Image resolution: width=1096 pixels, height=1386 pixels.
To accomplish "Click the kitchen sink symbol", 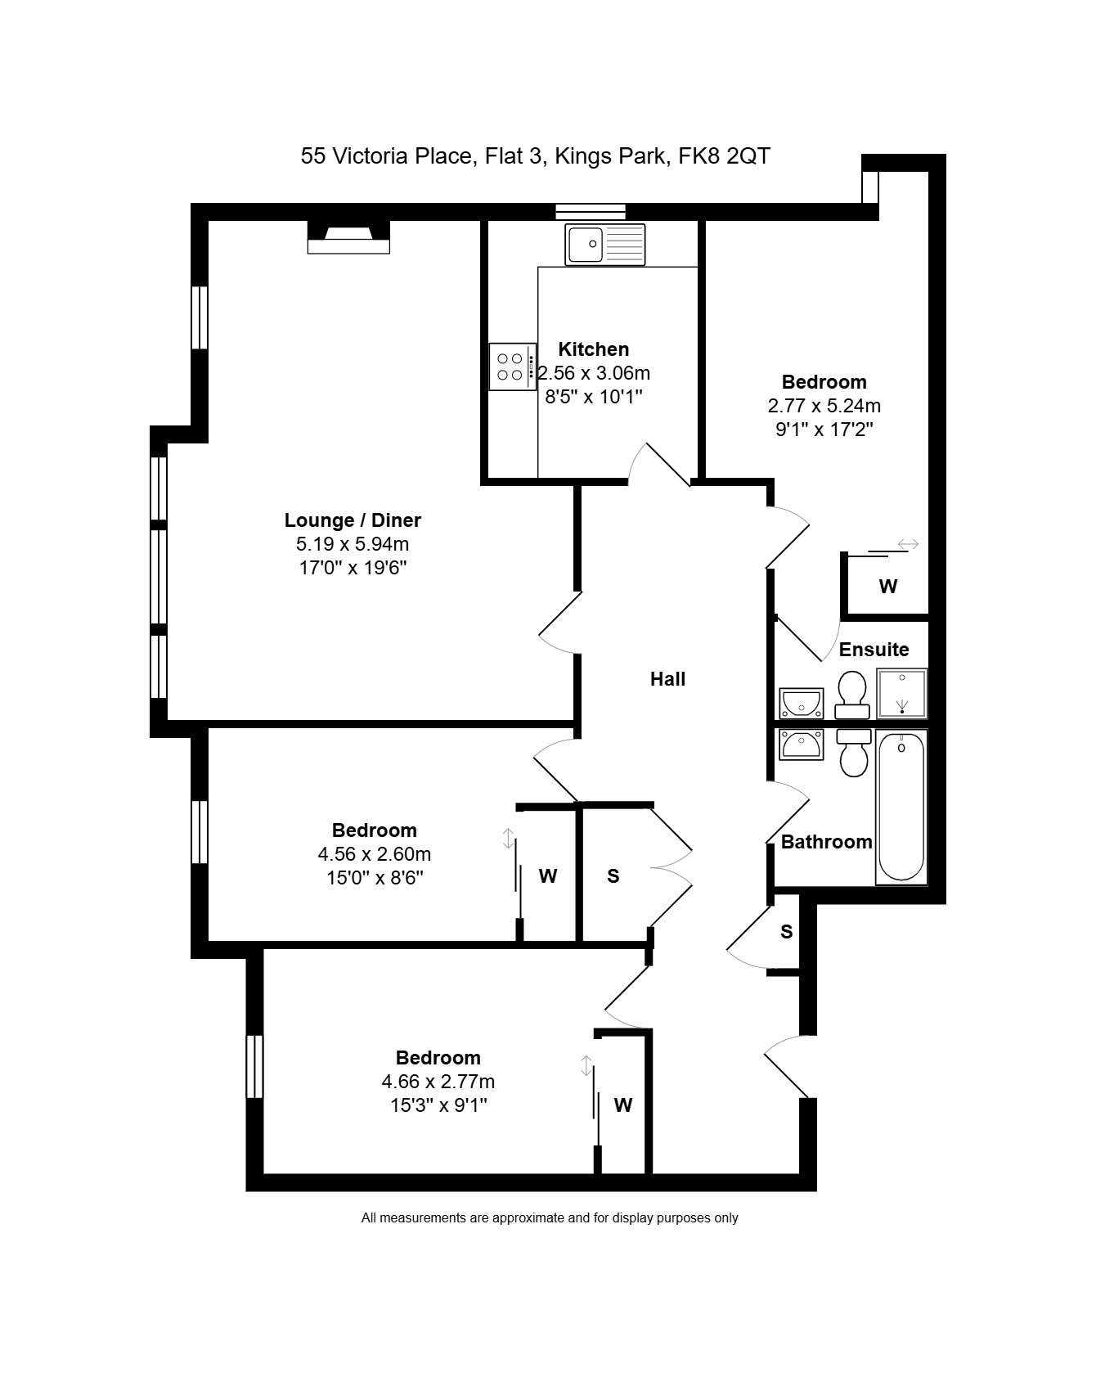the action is pyautogui.click(x=604, y=244).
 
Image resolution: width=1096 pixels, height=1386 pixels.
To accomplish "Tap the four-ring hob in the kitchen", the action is pyautogui.click(x=513, y=367).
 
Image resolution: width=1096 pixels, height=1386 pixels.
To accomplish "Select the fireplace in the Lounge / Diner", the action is pyautogui.click(x=348, y=237).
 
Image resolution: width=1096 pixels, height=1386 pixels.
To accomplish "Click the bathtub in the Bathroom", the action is pyautogui.click(x=901, y=807).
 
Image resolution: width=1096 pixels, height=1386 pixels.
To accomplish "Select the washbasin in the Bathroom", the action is pyautogui.click(x=801, y=745).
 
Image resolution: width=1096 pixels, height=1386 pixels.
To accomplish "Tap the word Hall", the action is pyautogui.click(x=667, y=679).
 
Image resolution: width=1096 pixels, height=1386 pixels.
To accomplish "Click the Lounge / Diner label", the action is pyautogui.click(x=353, y=520).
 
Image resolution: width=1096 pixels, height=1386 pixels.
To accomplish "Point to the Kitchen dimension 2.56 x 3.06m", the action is pyautogui.click(x=594, y=374).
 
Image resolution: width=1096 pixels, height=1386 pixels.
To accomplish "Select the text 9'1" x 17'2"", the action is pyautogui.click(x=824, y=430).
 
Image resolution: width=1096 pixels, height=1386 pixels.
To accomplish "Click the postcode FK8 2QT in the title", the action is pyautogui.click(x=724, y=156).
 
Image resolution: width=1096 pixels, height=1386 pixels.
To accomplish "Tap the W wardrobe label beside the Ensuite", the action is pyautogui.click(x=887, y=587).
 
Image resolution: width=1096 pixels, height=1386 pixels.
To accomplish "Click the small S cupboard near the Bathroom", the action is pyautogui.click(x=786, y=932).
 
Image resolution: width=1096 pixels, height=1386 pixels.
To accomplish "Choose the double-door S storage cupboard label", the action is pyautogui.click(x=613, y=876).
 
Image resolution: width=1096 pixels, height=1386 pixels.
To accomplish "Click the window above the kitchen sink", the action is pyautogui.click(x=590, y=212).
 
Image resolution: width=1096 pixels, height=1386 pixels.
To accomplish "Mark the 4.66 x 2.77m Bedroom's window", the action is pyautogui.click(x=255, y=1067).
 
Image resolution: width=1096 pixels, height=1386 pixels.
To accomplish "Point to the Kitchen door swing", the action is pyautogui.click(x=659, y=465).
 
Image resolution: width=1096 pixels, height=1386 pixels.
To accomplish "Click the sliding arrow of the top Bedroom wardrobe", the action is pyautogui.click(x=907, y=544).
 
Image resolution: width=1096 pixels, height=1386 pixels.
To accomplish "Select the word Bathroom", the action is pyautogui.click(x=826, y=842).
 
